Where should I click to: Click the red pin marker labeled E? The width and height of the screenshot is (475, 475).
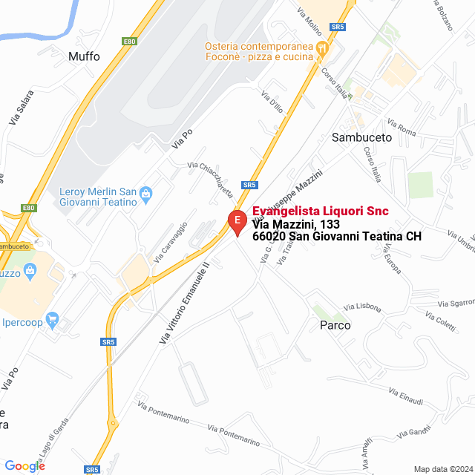237,221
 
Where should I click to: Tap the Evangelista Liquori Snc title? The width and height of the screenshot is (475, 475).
320,212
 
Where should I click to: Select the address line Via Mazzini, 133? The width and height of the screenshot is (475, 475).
296,224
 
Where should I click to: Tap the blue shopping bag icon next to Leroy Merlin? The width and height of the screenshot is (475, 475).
145,194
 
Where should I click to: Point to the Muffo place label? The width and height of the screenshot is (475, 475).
83,56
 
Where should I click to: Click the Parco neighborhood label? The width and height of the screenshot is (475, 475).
335,325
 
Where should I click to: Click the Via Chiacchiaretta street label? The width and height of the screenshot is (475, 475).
211,179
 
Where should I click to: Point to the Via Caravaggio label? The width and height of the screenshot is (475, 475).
170,242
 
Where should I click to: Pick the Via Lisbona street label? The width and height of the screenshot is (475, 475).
362,307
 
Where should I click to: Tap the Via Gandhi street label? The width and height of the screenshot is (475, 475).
413,432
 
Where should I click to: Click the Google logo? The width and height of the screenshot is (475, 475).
24,465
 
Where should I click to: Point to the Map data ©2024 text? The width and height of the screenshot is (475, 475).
442,468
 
